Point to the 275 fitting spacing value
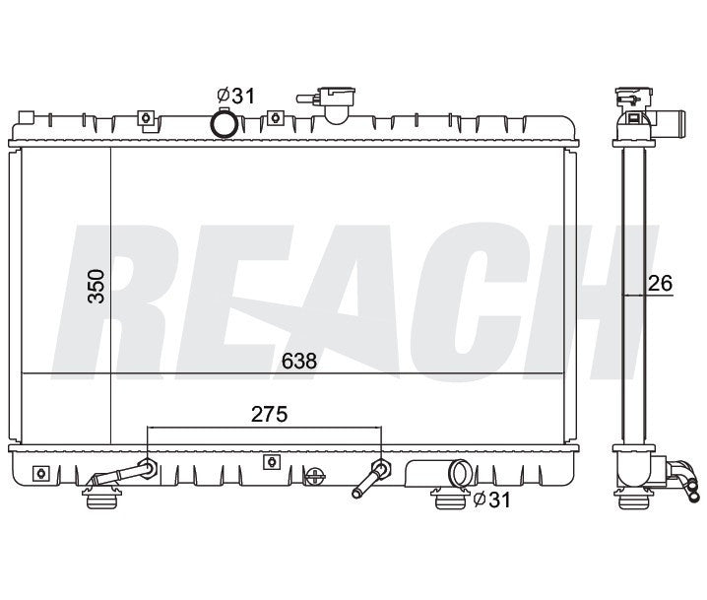pyautogui.click(x=268, y=415)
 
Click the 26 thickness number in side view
pyautogui.click(x=660, y=284)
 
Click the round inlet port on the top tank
pyautogui.click(x=225, y=125)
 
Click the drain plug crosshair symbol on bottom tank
pyautogui.click(x=315, y=477)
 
